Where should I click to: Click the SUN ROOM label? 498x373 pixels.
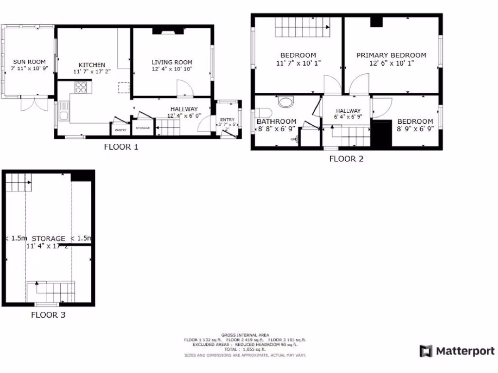[29, 62]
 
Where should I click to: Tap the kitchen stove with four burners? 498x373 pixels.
[81, 87]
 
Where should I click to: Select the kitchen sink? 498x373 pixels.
[63, 116]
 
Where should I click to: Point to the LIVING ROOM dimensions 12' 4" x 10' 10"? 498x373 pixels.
[172, 69]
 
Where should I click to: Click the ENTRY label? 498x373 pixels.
[227, 119]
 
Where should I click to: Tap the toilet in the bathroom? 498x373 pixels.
[286, 102]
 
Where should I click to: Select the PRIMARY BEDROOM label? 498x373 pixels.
[391, 55]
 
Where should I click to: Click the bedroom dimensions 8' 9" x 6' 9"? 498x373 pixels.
[415, 129]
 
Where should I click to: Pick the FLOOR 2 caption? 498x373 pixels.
[346, 158]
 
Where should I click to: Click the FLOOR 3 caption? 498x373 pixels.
[48, 315]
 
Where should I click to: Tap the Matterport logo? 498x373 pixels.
[457, 351]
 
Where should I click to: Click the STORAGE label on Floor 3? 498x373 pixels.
[48, 238]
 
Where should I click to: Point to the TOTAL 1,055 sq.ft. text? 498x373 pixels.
[245, 349]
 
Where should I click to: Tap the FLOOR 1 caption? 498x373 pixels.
[121, 147]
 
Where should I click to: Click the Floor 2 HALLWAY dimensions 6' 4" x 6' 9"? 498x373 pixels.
[348, 117]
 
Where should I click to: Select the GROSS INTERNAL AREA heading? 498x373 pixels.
[245, 335]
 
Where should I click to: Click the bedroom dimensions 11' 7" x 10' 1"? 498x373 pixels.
[298, 63]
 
